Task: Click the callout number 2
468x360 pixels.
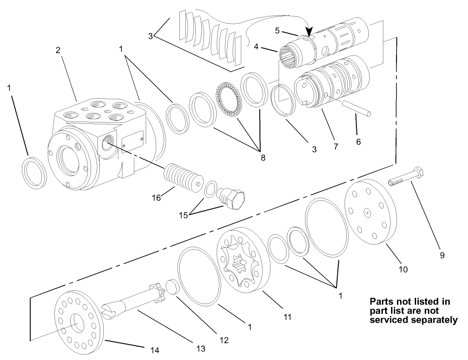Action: point(58,51)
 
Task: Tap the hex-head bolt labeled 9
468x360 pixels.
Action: point(407,178)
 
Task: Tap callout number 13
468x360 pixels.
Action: point(201,349)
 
